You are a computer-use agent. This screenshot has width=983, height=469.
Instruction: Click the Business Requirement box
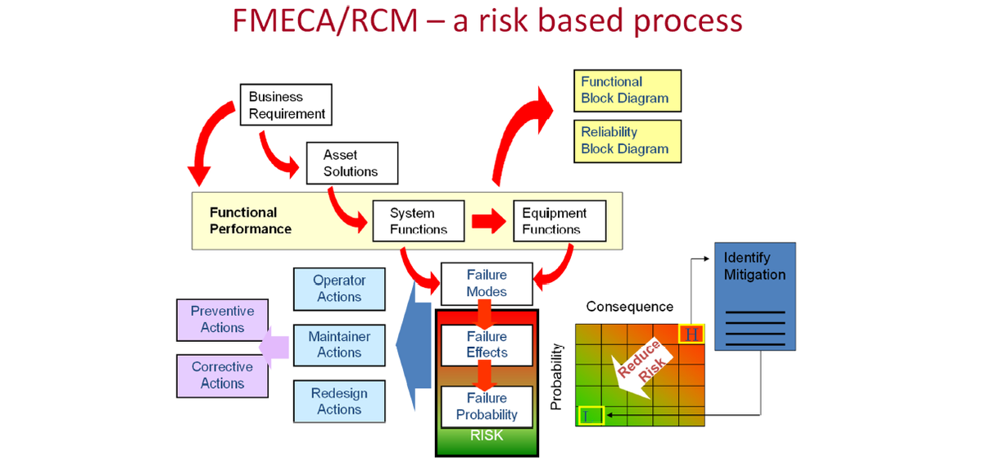[286, 104]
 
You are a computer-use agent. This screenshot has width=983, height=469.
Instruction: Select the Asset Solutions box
[351, 163]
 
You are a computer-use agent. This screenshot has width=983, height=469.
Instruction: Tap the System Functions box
[419, 221]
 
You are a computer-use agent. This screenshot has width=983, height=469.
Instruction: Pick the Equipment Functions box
[560, 221]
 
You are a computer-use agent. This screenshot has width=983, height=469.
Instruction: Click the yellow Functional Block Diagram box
[627, 90]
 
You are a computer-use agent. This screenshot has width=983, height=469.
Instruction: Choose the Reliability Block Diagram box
[627, 140]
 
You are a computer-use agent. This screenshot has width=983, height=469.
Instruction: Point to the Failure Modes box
[487, 283]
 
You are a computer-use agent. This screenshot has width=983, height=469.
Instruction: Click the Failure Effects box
[487, 344]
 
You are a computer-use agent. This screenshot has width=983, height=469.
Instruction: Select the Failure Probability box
[487, 406]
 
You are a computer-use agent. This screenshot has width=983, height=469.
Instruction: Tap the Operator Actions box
[339, 288]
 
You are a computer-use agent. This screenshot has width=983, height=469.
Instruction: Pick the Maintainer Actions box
[339, 344]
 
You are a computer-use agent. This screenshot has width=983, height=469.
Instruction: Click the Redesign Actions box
[339, 401]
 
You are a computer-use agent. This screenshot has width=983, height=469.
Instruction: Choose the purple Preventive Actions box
[223, 319]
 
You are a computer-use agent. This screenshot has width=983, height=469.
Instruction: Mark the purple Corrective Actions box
[223, 375]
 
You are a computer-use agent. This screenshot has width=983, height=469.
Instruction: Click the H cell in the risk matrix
[691, 334]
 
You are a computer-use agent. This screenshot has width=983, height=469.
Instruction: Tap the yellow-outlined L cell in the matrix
[591, 416]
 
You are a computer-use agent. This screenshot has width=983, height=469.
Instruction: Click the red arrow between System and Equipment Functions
[488, 221]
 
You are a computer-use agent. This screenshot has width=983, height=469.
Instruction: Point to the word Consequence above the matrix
[629, 307]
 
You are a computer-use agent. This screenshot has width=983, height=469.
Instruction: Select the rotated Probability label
[557, 376]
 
